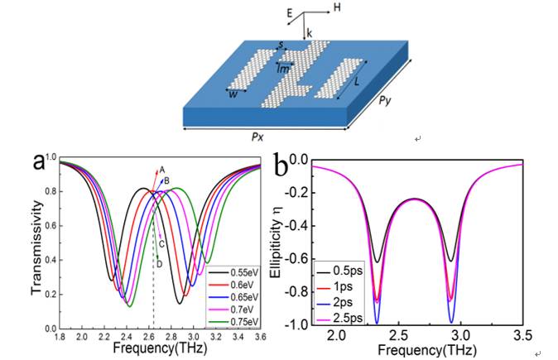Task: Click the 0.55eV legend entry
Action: coord(236,271)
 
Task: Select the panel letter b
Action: coord(281,165)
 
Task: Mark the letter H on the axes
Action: coord(336,7)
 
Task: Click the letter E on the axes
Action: coord(288,12)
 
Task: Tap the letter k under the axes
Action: coord(309,33)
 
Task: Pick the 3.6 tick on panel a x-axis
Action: coord(262,338)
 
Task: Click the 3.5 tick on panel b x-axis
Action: coord(522,338)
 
